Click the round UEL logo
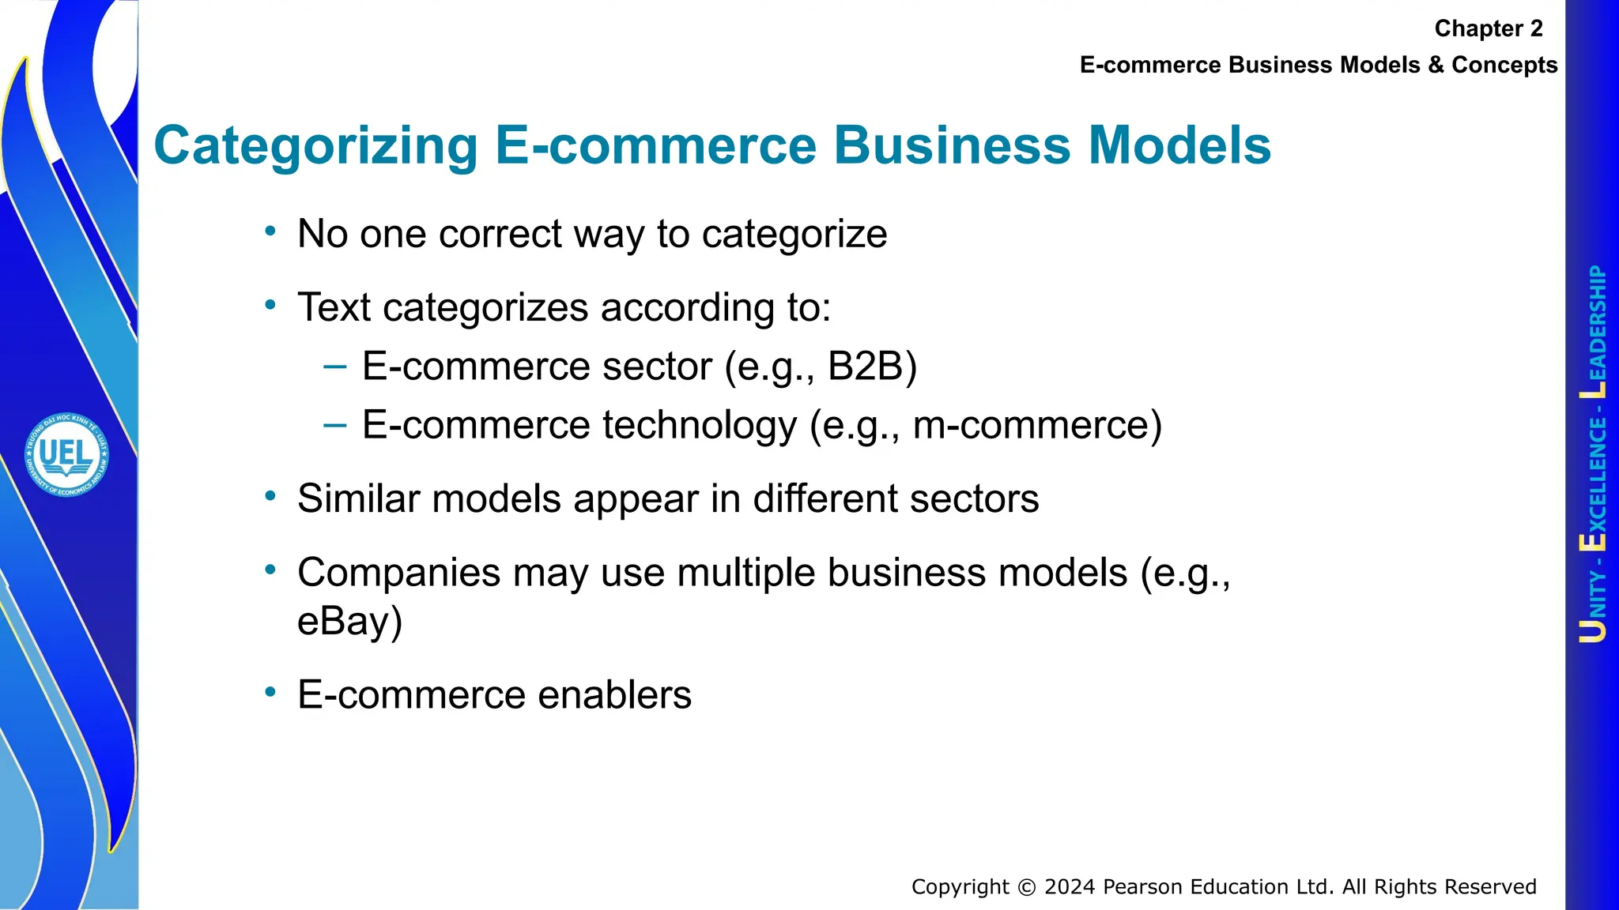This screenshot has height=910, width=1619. click(66, 455)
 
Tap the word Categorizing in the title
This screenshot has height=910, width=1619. click(315, 146)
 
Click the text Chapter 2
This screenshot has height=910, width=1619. click(1488, 29)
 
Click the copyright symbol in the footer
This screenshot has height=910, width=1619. click(1026, 888)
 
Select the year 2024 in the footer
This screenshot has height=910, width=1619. click(1070, 887)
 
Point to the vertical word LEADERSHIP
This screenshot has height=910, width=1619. click(1595, 332)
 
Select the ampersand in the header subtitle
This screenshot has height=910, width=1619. click(1435, 65)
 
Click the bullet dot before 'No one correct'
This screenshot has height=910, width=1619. click(270, 231)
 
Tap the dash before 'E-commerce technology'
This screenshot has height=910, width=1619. click(334, 425)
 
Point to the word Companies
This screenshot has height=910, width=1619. click(398, 573)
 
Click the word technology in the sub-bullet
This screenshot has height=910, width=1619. click(699, 426)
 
